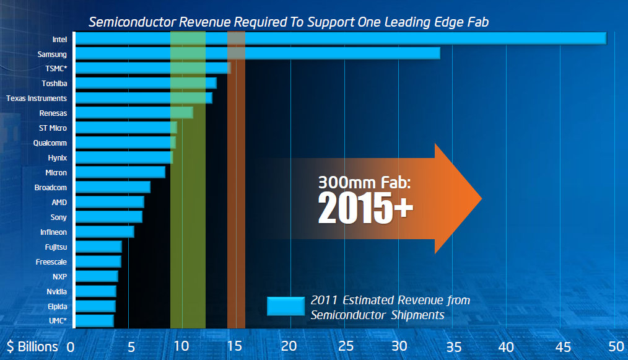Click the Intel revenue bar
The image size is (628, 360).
[340, 38]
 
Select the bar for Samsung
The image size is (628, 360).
[257, 53]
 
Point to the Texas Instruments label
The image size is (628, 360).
[37, 98]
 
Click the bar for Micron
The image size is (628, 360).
[120, 172]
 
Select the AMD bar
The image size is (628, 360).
[110, 202]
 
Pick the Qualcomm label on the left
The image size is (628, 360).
[50, 143]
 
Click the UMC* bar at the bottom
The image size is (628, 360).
[94, 321]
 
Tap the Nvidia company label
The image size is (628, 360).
[56, 291]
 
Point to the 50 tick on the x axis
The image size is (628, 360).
[614, 346]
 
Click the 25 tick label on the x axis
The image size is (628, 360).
[344, 346]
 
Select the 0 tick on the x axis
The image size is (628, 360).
[71, 346]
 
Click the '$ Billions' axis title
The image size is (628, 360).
[33, 346]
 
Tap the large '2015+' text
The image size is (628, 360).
[365, 208]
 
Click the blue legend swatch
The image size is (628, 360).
[285, 306]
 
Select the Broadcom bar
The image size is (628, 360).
[113, 187]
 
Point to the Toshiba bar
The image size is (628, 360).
[146, 83]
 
